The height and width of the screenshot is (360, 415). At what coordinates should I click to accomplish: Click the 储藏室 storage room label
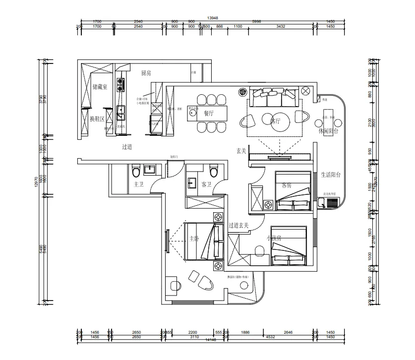[x=101, y=87]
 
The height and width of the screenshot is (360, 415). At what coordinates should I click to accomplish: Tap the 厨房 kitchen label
[x=146, y=73]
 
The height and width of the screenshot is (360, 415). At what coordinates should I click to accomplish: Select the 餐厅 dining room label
[x=208, y=113]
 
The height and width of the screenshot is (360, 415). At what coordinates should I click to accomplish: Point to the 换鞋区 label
[x=97, y=119]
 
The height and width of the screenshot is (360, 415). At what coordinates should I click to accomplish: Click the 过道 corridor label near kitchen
[x=127, y=147]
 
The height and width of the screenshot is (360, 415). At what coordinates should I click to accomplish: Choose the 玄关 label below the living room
[x=241, y=151]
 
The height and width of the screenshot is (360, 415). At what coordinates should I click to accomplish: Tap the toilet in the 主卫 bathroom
[x=135, y=172]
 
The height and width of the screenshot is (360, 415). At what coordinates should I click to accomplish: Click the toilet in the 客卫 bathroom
[x=213, y=172]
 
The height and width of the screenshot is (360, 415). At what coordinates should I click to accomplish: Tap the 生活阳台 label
[x=331, y=175]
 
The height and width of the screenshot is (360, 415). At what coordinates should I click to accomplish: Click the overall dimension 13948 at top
[x=212, y=17]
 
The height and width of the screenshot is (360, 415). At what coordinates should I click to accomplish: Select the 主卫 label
[x=138, y=184]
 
